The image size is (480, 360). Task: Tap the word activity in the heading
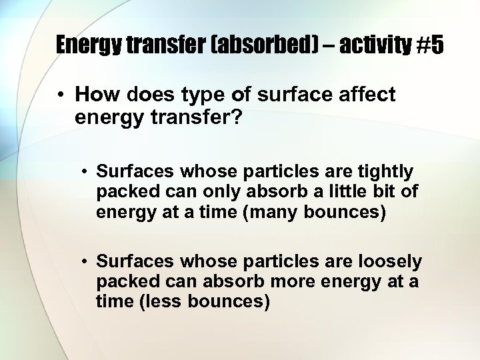click(377, 45)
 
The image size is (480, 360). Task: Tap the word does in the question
click(149, 95)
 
